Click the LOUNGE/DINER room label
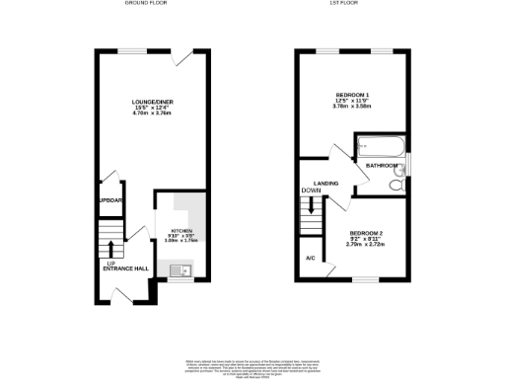coord(152,102)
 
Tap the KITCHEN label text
coord(180,230)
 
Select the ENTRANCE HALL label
coord(125,268)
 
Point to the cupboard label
coord(109,200)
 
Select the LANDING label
coord(326,184)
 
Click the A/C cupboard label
coord(310,258)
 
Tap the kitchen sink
coord(177,268)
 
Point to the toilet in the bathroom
coord(397,183)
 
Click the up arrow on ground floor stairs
coord(111,247)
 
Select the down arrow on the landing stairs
coord(313,208)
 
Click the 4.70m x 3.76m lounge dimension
coord(152,114)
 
